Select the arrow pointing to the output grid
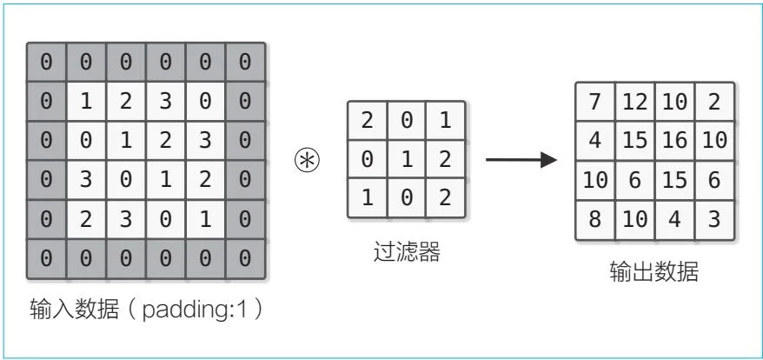tap(520, 161)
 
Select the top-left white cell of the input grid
tap(86, 102)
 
